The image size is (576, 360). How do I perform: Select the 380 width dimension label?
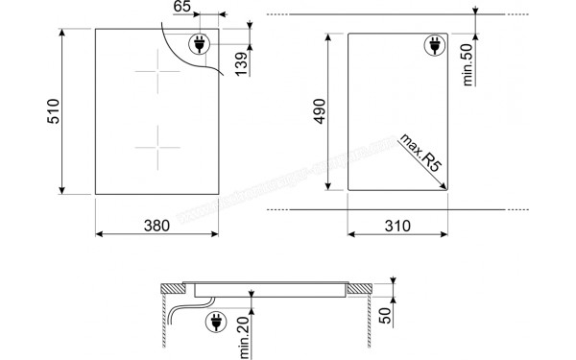[x=156, y=226]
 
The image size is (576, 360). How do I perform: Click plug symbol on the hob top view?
[x=202, y=43]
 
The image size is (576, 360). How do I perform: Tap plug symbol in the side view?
[x=213, y=324]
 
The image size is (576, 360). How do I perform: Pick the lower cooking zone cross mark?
[x=156, y=148]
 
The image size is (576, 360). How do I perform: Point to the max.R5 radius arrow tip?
[x=446, y=186]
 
